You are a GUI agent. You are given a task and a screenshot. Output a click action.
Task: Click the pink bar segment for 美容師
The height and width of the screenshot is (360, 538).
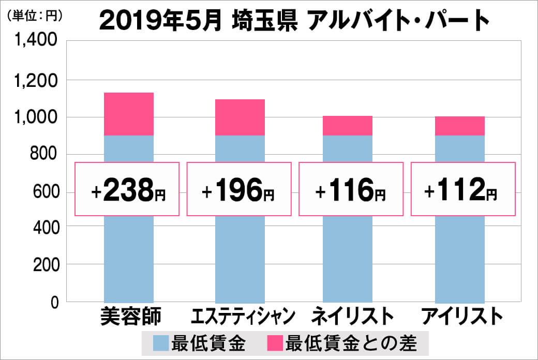tap(129, 114)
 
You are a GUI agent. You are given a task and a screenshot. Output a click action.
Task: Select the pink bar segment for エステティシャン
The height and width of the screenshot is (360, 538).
tap(240, 117)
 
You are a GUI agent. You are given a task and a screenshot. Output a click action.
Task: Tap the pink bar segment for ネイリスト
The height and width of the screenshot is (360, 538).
tap(348, 126)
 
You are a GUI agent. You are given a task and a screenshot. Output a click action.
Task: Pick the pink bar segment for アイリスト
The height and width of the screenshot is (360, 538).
tap(460, 126)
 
